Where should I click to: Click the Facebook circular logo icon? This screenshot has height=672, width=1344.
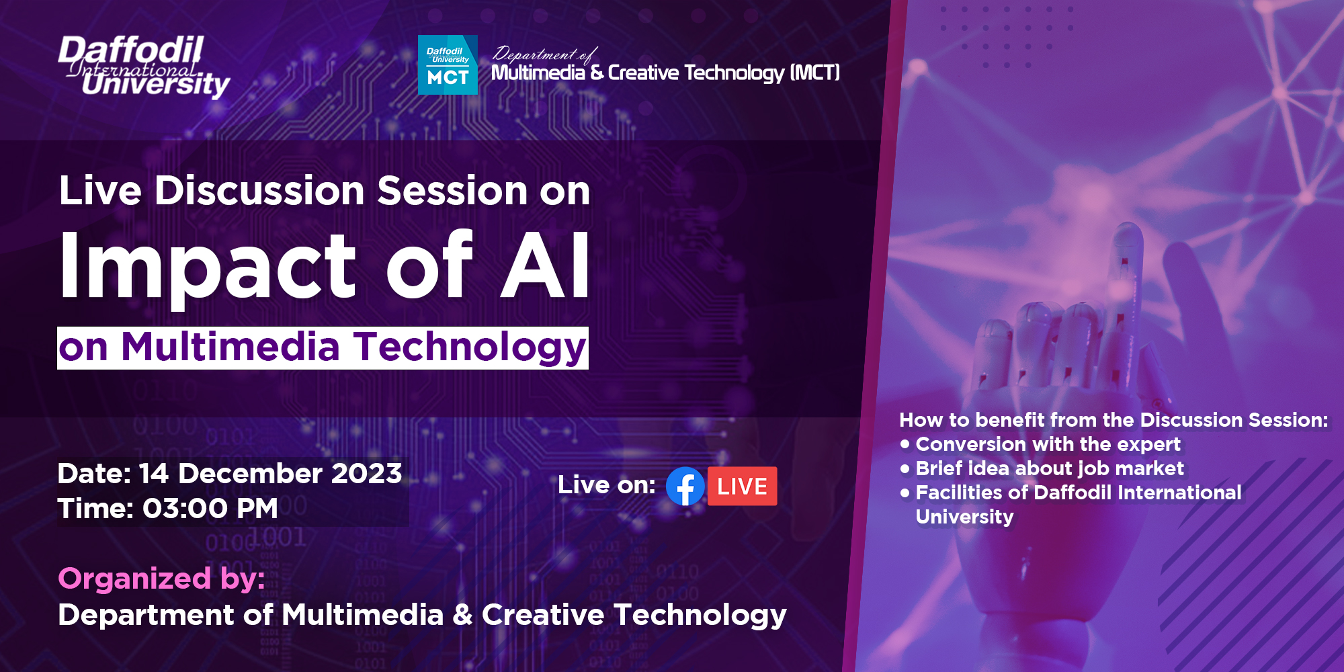685,486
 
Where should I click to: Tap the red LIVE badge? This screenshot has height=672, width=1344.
742,486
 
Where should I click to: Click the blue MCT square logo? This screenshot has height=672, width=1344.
448,65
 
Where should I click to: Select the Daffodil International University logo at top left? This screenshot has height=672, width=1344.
143,67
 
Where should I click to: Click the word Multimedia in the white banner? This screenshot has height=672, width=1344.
230,347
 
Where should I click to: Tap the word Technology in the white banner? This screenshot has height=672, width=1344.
470,347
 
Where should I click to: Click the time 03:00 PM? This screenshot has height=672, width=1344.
210,509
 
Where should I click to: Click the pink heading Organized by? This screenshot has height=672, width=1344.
161,579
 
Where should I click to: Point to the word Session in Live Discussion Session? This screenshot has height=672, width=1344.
452,191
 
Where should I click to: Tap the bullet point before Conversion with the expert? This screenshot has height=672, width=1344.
905,444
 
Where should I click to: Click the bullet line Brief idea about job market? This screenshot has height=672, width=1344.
1049,468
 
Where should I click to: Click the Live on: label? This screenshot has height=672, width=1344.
606,485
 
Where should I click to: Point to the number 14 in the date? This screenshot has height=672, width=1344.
153,474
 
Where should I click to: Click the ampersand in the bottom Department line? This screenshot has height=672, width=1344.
462,615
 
